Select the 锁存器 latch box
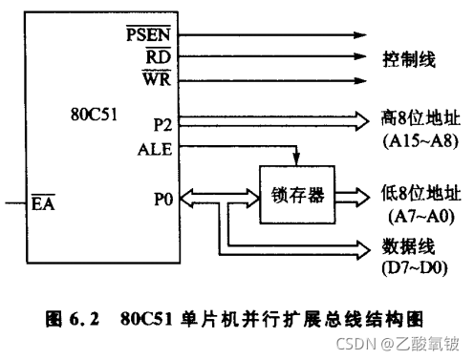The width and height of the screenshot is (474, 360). click(298, 194)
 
